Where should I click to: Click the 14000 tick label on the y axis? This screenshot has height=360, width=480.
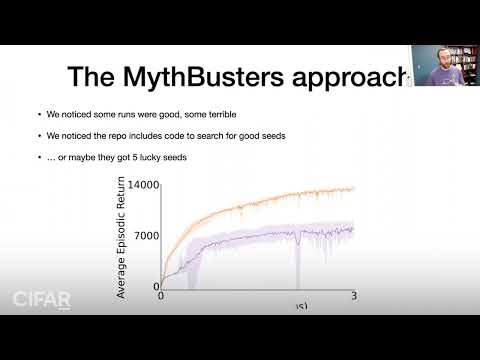141,185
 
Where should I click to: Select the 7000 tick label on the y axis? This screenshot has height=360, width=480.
146,236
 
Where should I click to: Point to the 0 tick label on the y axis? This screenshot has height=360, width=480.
155,287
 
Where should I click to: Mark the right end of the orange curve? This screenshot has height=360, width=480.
353,188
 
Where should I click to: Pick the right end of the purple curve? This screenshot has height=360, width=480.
353,229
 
